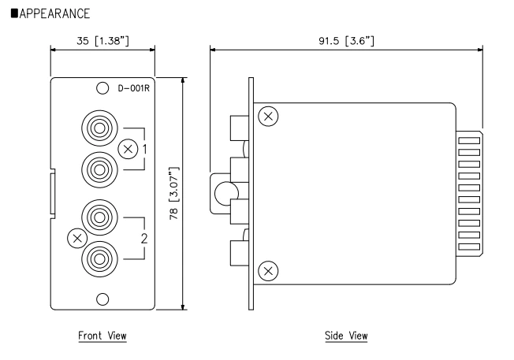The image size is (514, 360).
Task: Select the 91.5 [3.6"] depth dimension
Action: pos(345,39)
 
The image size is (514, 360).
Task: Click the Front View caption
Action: pos(102,336)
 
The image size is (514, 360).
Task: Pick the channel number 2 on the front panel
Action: pos(144,237)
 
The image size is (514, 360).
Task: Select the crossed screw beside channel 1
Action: pos(127,148)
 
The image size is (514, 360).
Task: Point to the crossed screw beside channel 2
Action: pos(76,236)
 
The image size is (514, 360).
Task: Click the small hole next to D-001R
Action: pos(102,89)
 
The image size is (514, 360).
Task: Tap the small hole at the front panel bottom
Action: pos(102,299)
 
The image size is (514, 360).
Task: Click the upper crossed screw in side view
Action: pos(269,117)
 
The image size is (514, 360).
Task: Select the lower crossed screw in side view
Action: pos(269,270)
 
